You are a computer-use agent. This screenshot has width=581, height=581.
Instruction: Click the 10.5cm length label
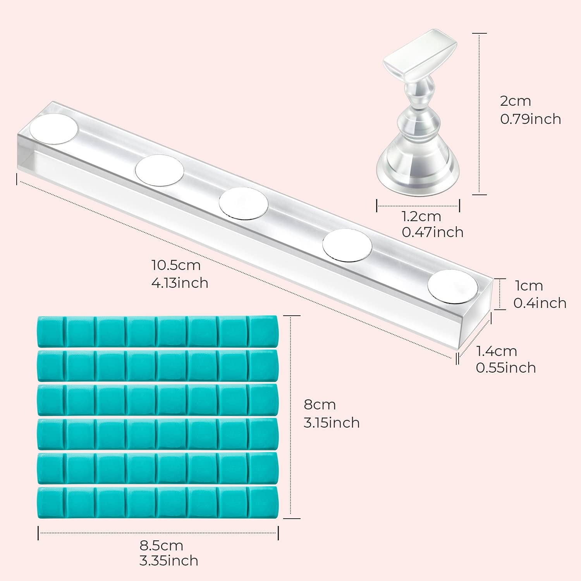pos(176,265)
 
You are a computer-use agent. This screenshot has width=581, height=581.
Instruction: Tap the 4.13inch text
pos(180,283)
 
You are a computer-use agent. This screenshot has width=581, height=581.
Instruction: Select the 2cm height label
pos(515,101)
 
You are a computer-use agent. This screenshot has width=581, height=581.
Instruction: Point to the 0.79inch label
pos(531,119)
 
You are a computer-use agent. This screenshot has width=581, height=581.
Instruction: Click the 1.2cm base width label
pos(421,216)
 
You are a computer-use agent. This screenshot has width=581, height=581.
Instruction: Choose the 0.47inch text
pos(433,232)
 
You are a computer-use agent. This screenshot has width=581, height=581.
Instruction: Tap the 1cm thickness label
pos(529,286)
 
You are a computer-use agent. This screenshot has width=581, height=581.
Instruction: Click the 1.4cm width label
pos(497,351)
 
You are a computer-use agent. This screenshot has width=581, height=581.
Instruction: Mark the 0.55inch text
pos(506,368)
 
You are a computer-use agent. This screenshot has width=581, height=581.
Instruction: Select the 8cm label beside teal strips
pos(320,405)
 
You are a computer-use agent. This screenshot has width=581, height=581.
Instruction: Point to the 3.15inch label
pos(332,423)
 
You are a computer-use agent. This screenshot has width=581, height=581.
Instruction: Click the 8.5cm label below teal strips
pos(161,546)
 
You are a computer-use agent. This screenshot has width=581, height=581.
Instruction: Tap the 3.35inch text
pos(169,561)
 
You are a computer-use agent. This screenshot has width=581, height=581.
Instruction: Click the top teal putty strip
pos(158,332)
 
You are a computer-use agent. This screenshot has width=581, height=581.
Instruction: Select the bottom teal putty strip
pos(158,502)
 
